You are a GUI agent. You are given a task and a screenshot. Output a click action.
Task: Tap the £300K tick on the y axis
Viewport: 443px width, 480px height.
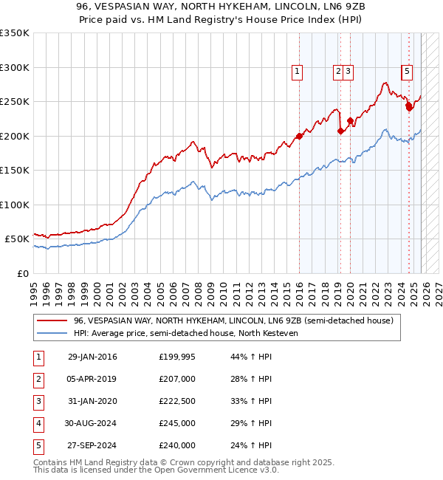[x=15, y=67]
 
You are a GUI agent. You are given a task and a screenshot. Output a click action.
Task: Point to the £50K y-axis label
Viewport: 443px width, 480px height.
[x=17, y=239]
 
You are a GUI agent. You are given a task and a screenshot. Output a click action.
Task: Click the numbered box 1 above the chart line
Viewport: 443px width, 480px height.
[x=297, y=72]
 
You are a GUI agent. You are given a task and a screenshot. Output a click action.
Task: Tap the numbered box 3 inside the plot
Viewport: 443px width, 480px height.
[x=348, y=72]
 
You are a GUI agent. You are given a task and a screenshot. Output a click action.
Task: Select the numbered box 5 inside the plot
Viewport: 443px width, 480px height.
[x=407, y=72]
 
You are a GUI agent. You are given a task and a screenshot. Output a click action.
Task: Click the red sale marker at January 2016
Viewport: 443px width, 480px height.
[x=300, y=136]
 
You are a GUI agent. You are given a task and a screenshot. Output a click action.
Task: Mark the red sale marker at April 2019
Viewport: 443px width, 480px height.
[x=340, y=131]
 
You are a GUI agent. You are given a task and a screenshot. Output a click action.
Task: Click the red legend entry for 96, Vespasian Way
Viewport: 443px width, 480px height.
[x=236, y=320]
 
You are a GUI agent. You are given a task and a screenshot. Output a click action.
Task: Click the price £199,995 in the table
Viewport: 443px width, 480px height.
[x=176, y=357]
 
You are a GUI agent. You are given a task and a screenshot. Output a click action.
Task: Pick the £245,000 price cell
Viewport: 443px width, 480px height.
[x=176, y=424]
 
